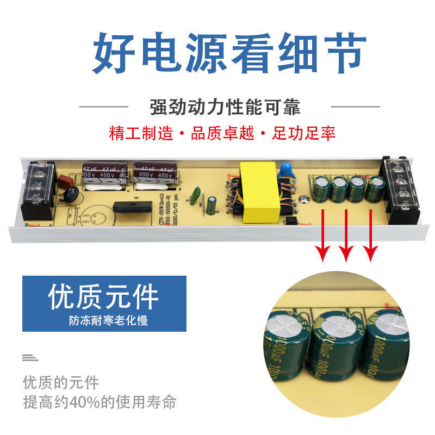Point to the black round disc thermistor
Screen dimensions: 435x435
[71, 194]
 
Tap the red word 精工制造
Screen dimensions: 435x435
[141, 133]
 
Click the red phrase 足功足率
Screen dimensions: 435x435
[304, 133]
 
